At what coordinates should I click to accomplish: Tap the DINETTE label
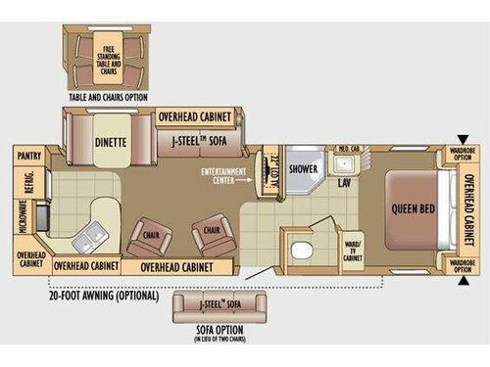click(110, 141)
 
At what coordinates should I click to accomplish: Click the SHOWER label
click(304, 167)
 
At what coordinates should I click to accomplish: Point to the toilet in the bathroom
click(299, 252)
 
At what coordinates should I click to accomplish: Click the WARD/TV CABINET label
click(353, 250)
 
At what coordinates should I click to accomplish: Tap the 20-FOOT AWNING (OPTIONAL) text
click(103, 294)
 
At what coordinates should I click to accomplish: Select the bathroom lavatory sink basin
click(344, 163)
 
